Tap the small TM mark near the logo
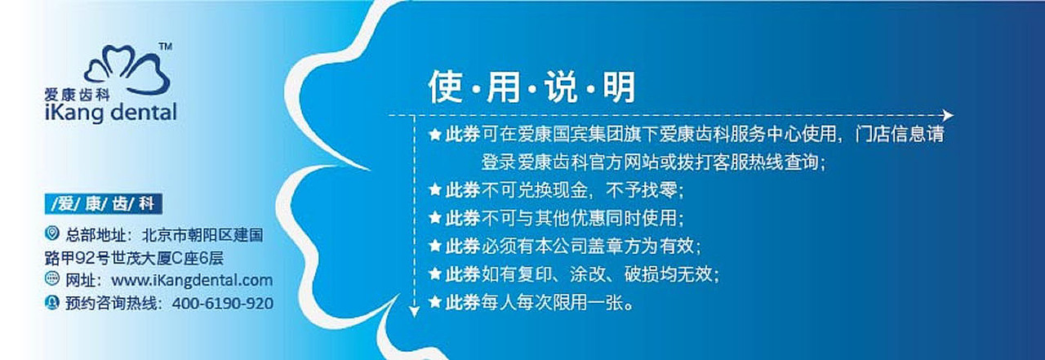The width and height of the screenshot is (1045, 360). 164,47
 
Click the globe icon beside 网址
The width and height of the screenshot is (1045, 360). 52,279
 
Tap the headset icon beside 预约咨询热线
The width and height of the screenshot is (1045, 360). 52,302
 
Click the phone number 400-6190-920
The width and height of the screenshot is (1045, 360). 221,303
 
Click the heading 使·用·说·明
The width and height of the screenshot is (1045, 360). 531,87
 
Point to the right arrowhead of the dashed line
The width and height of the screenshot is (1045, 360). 947,116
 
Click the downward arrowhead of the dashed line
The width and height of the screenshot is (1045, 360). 414,310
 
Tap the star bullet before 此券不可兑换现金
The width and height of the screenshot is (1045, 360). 435,190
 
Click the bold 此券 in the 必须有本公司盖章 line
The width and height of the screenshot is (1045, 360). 462,246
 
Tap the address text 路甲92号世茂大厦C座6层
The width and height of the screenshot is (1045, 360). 134,257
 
